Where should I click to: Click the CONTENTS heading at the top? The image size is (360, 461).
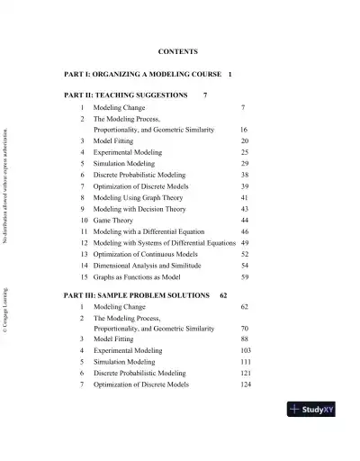[177, 52]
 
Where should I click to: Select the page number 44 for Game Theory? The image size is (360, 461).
[245, 220]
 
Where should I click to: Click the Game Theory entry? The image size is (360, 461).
[113, 220]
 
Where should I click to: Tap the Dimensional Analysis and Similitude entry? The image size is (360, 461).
[147, 266]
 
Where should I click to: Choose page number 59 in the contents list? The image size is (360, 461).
[245, 277]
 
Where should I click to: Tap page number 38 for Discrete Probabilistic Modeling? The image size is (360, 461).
[245, 175]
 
